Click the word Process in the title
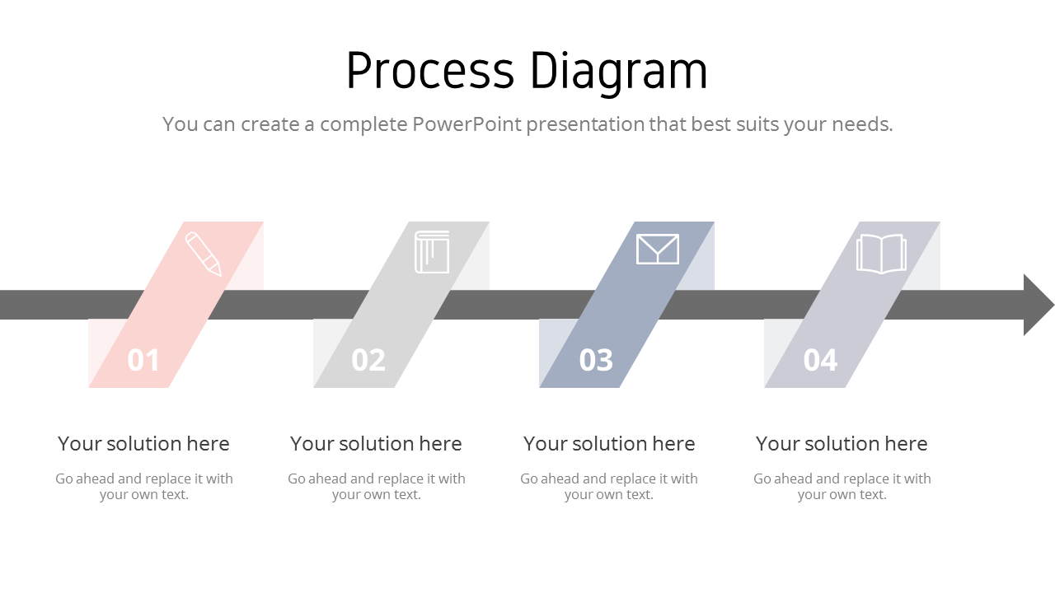point(429,71)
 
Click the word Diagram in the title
point(618,72)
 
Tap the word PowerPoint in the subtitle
point(467,124)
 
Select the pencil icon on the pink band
point(204,253)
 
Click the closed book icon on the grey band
point(432,252)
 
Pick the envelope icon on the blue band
point(658,249)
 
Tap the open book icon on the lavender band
point(881,254)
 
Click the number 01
point(143,360)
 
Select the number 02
point(368,360)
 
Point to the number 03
point(596,360)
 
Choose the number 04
point(820,360)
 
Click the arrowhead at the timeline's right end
point(1038,305)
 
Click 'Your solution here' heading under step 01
point(143,443)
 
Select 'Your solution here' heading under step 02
point(376,443)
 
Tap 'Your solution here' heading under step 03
point(609,443)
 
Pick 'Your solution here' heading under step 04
point(842,443)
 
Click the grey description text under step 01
point(144,486)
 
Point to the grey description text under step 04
point(842,486)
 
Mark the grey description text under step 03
point(609,486)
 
